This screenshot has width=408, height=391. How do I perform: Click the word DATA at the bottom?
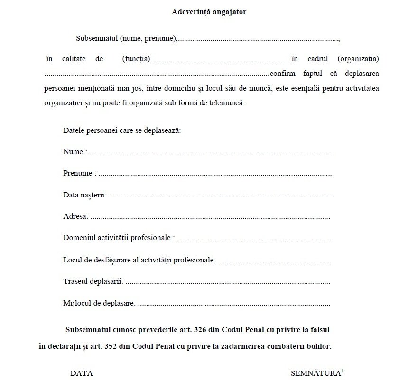click(x=82, y=373)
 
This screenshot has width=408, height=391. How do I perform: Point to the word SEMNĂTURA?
click(x=315, y=373)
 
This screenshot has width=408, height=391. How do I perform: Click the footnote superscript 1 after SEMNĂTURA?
click(x=343, y=371)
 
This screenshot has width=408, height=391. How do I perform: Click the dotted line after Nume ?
click(x=211, y=153)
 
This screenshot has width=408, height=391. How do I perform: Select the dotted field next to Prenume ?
click(x=214, y=174)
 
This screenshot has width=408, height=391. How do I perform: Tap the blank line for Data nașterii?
click(x=220, y=195)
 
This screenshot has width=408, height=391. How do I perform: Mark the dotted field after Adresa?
click(x=210, y=217)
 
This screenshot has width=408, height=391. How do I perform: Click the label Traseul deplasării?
click(x=93, y=281)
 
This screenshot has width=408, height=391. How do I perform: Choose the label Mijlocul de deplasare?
click(x=99, y=303)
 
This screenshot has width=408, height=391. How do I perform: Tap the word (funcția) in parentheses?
click(x=136, y=59)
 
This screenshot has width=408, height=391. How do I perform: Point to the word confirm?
click(x=282, y=74)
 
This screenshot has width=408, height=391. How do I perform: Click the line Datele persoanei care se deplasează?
click(x=122, y=130)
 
